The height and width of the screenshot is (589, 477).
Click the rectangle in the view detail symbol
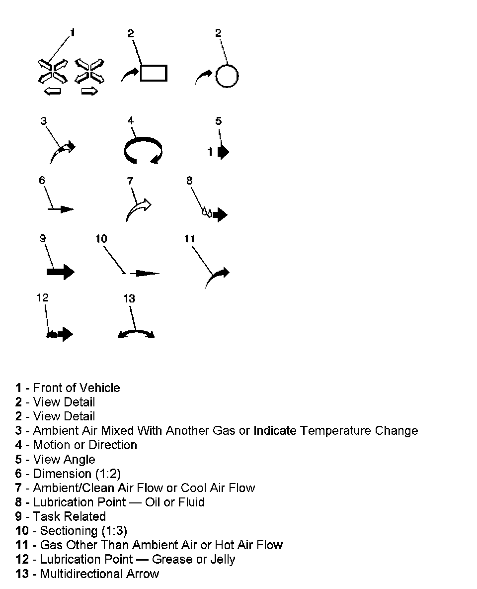pos(154,73)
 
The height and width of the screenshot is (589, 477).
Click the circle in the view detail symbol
pos(227,76)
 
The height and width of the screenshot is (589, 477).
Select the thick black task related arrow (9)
pos(60,272)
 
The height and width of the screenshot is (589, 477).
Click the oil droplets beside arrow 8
pos(206,212)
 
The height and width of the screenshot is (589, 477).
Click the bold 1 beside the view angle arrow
pos(210,152)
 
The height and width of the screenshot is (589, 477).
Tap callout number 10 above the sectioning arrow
pos(101,239)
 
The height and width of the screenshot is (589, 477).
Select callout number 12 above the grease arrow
pos(42,297)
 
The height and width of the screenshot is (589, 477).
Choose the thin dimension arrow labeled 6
pos(61,209)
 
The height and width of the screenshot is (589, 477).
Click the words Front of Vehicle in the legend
pos(77,388)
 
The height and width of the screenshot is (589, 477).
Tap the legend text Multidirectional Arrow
pos(99,574)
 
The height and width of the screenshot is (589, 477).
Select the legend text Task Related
pos(69,516)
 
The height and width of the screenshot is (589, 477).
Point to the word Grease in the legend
pos(170,559)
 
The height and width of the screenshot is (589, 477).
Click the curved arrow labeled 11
pos(217,277)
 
